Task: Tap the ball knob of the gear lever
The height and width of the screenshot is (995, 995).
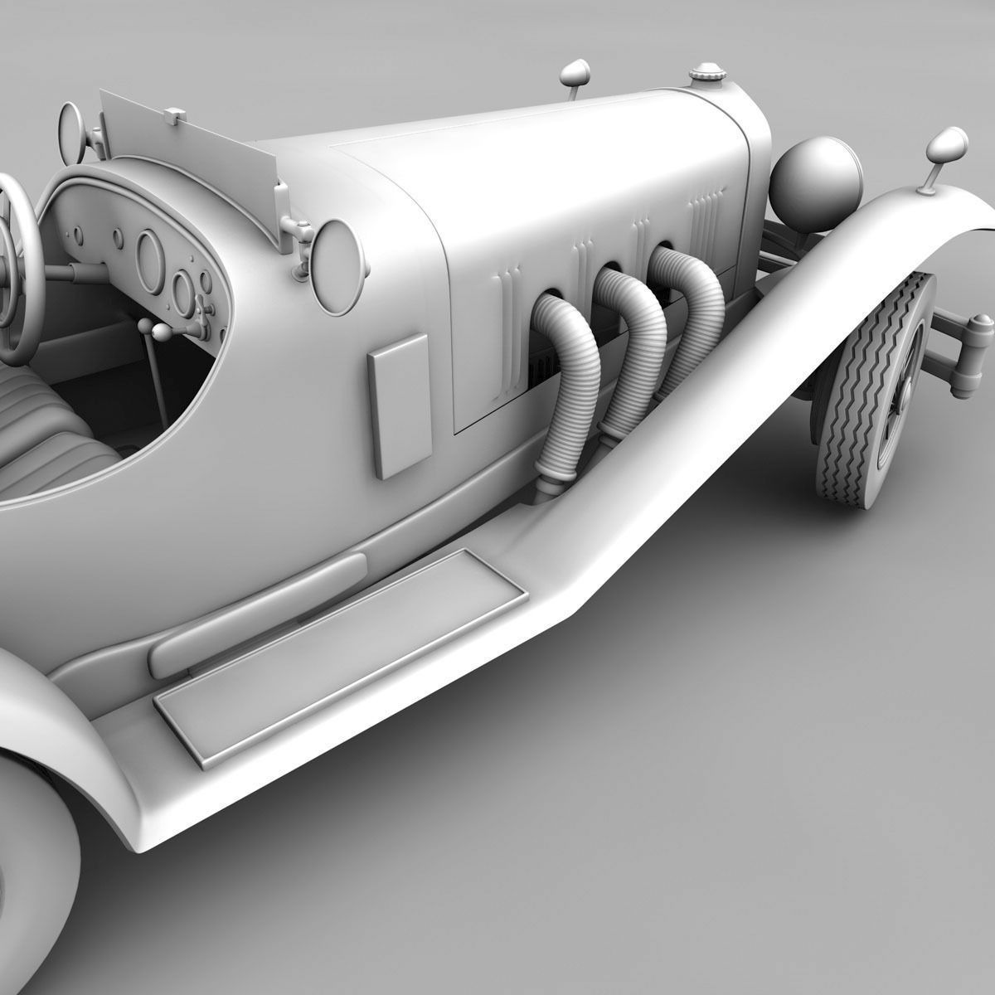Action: tap(160, 332)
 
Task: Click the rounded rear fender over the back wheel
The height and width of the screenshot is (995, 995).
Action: tap(50, 746)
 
